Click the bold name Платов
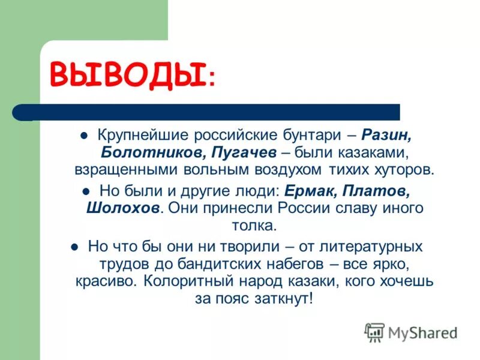(381, 191)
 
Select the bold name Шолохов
(124, 209)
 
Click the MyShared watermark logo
(411, 332)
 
